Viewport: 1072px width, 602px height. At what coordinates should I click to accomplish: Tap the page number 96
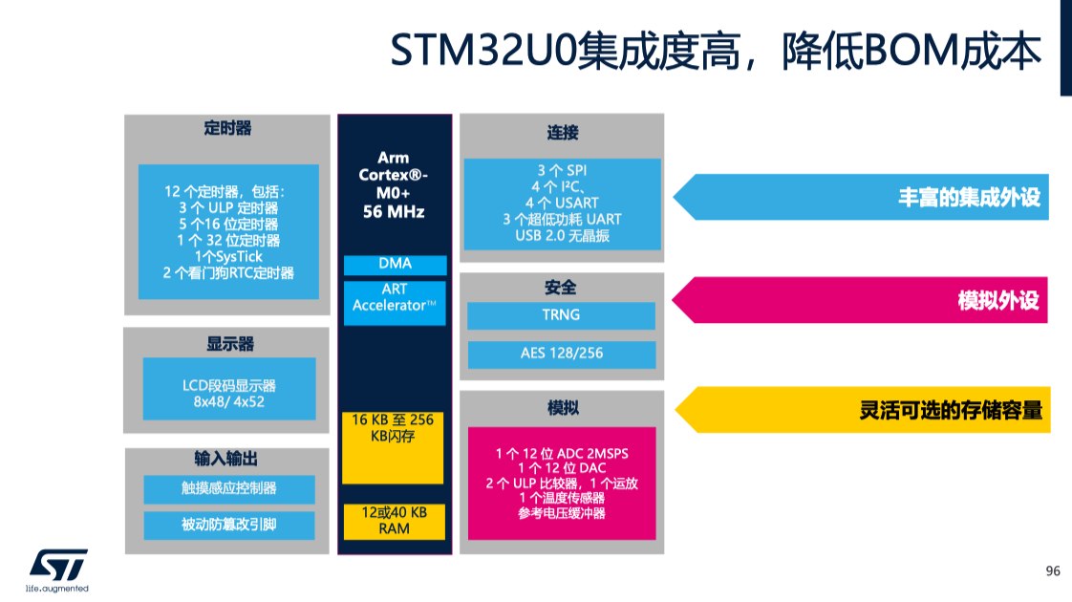click(1053, 571)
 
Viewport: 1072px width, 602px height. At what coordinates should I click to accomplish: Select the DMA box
click(396, 265)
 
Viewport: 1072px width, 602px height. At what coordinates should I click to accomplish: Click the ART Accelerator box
click(395, 302)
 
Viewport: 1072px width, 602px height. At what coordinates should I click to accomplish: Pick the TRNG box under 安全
click(561, 315)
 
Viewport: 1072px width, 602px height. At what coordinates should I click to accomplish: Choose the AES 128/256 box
click(561, 354)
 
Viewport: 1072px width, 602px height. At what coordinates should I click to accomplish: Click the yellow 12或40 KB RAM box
click(394, 522)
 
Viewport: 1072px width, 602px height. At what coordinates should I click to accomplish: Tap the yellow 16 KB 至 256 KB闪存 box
click(393, 447)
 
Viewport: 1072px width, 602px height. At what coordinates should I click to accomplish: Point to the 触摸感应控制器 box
click(229, 488)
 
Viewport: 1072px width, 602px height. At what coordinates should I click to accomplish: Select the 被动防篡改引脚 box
click(229, 525)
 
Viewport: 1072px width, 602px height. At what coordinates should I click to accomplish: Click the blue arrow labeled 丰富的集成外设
click(861, 197)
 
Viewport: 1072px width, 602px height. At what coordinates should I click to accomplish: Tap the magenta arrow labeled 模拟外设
click(859, 300)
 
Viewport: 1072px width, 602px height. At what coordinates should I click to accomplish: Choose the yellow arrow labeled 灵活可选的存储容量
click(862, 410)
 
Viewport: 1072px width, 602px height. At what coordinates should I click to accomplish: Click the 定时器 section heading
click(227, 128)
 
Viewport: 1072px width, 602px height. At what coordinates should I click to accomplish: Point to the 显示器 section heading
click(230, 343)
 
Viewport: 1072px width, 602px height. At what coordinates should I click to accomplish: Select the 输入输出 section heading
click(226, 459)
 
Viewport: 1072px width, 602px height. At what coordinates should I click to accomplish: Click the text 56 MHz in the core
click(394, 212)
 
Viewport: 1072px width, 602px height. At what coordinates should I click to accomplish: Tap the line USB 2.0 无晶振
click(562, 236)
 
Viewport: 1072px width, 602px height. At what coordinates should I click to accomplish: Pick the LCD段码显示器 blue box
click(229, 389)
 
